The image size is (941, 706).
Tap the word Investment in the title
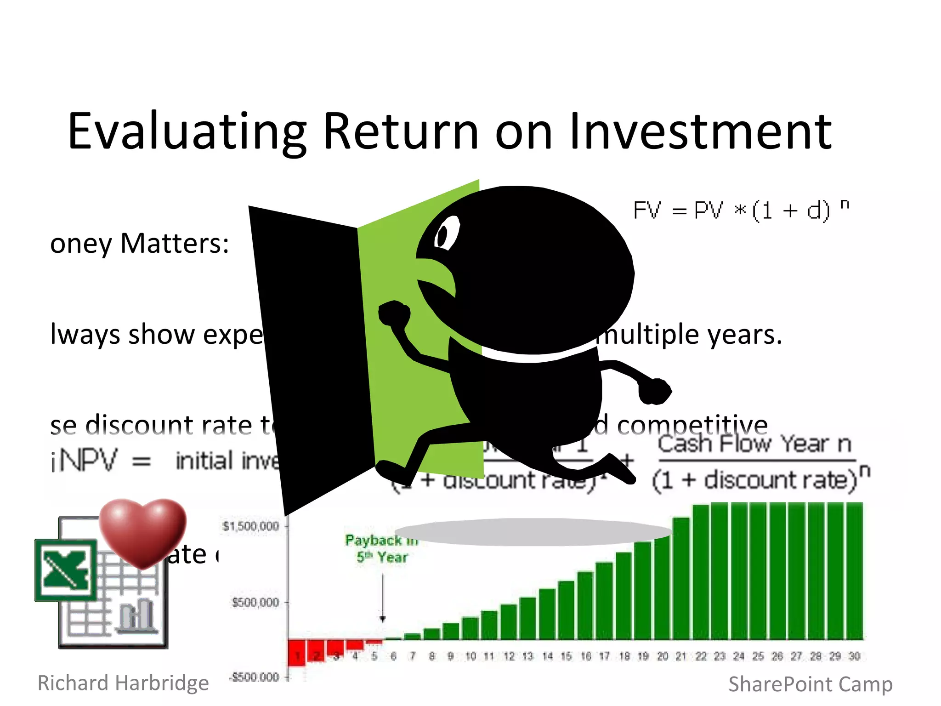[700, 132]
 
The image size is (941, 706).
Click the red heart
[143, 531]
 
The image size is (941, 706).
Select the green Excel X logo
[65, 570]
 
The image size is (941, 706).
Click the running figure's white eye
[446, 233]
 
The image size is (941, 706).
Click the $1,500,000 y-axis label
[250, 526]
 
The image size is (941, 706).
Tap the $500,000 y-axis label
[255, 602]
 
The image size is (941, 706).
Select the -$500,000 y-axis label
[254, 677]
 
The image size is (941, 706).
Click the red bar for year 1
[297, 653]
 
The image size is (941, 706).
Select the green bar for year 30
[854, 570]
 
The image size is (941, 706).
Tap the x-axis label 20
[662, 656]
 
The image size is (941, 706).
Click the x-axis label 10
[470, 656]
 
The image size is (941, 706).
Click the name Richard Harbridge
[123, 683]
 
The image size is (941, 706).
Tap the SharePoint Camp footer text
[811, 684]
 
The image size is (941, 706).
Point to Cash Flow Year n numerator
[754, 444]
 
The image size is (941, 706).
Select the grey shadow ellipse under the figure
[533, 532]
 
